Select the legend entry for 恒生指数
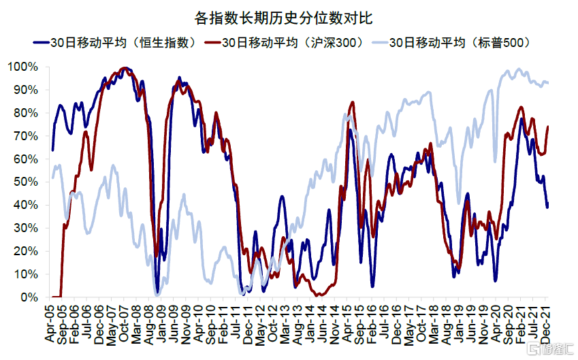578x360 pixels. click(116, 42)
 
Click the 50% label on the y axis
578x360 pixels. click(24, 182)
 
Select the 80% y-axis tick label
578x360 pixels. click(24, 113)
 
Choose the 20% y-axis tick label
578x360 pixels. click(24, 251)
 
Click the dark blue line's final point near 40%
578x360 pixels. click(548, 206)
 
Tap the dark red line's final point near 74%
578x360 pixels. click(549, 127)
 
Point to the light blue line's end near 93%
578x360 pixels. click(549, 83)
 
